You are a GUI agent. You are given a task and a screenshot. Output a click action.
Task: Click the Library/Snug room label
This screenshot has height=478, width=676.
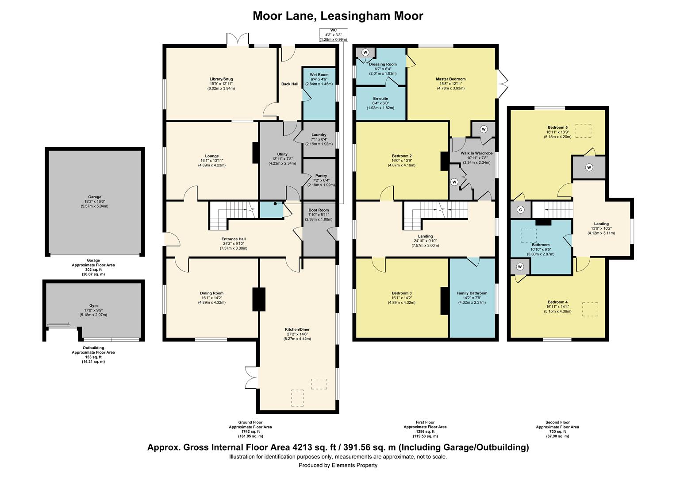coord(221,79)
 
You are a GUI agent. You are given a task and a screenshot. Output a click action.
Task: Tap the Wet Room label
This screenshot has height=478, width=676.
coord(319,75)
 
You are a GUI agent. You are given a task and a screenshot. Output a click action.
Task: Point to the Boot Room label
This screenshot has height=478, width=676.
coord(319,210)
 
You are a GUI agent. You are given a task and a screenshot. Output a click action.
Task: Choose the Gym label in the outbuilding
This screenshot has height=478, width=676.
coord(93,306)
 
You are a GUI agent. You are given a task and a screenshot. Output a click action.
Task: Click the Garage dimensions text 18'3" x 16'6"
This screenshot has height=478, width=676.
coord(94,201)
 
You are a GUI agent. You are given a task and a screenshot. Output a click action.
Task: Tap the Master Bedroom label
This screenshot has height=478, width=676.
coord(450,79)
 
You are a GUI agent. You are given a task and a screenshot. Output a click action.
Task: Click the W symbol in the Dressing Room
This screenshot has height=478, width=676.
coord(365,52)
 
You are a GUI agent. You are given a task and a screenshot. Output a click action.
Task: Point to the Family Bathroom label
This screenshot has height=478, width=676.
coord(472,293)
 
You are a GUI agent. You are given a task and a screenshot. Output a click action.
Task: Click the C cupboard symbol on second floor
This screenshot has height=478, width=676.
coord(521,210)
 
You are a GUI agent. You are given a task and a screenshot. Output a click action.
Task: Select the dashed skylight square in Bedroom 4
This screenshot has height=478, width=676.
coord(590,309)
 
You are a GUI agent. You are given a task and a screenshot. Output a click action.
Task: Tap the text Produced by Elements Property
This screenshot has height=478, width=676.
coord(338,465)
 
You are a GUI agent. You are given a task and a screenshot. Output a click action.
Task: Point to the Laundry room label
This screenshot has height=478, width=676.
coord(319,135)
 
